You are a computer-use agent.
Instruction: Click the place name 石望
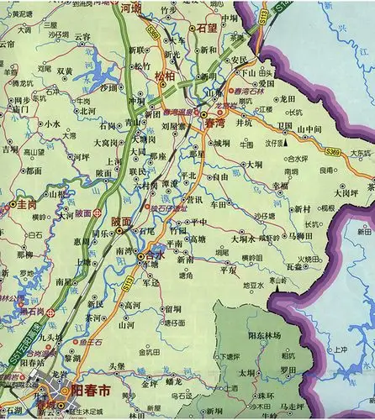207,28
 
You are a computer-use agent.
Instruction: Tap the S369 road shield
333,150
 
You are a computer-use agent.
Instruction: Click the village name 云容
82,36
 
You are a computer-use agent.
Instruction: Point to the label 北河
85,110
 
